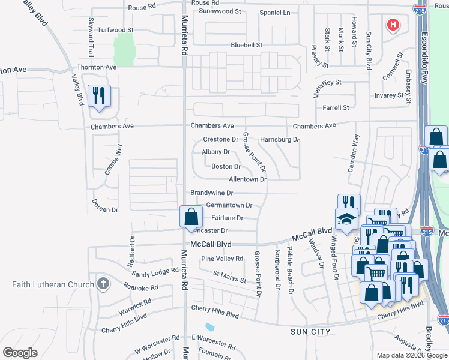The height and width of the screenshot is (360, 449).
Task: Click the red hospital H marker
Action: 393,25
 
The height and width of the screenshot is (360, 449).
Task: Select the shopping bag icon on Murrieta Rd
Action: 191,217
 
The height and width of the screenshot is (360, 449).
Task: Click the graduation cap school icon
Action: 346,220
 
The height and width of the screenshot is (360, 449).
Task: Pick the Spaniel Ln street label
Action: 274,13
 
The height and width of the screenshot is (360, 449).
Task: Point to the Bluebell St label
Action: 247,45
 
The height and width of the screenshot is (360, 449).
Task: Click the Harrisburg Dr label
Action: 279,139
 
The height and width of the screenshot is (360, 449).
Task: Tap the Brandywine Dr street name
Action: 211,193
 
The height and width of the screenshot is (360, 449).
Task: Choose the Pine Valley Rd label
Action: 222,259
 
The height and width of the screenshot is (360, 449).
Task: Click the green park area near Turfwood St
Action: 123,48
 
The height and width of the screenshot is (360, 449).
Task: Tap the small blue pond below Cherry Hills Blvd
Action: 209,327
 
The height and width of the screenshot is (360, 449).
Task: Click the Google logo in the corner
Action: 20,353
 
